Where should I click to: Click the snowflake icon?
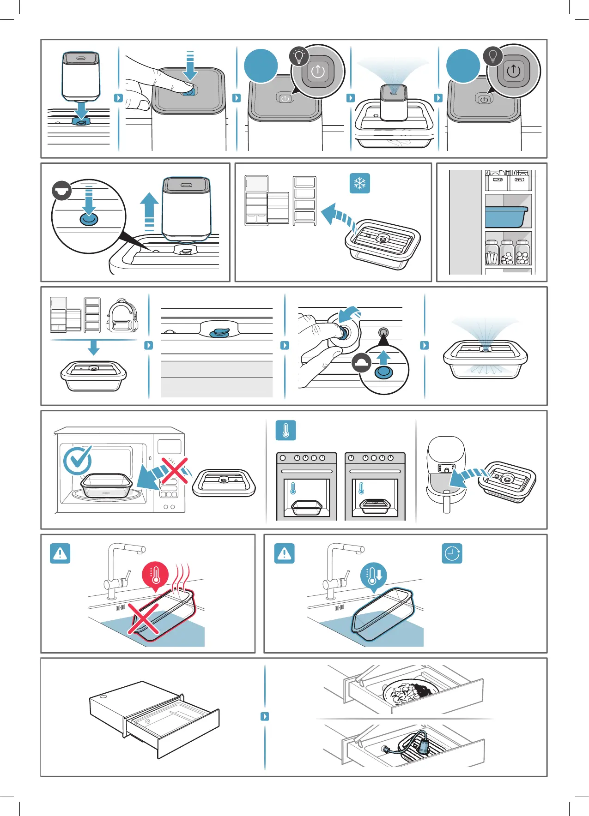[x=359, y=183]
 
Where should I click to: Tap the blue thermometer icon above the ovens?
[x=285, y=430]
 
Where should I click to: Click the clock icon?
[x=452, y=553]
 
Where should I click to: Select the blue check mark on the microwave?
[x=77, y=460]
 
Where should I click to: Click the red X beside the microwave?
[x=174, y=471]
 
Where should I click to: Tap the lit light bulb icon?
[x=299, y=56]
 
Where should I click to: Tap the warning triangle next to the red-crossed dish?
[x=60, y=553]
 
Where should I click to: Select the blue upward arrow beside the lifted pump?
[x=149, y=211]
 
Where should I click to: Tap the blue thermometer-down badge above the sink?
[x=373, y=575]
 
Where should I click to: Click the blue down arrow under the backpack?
[x=94, y=347]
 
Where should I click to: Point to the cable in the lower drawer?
[x=407, y=744]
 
